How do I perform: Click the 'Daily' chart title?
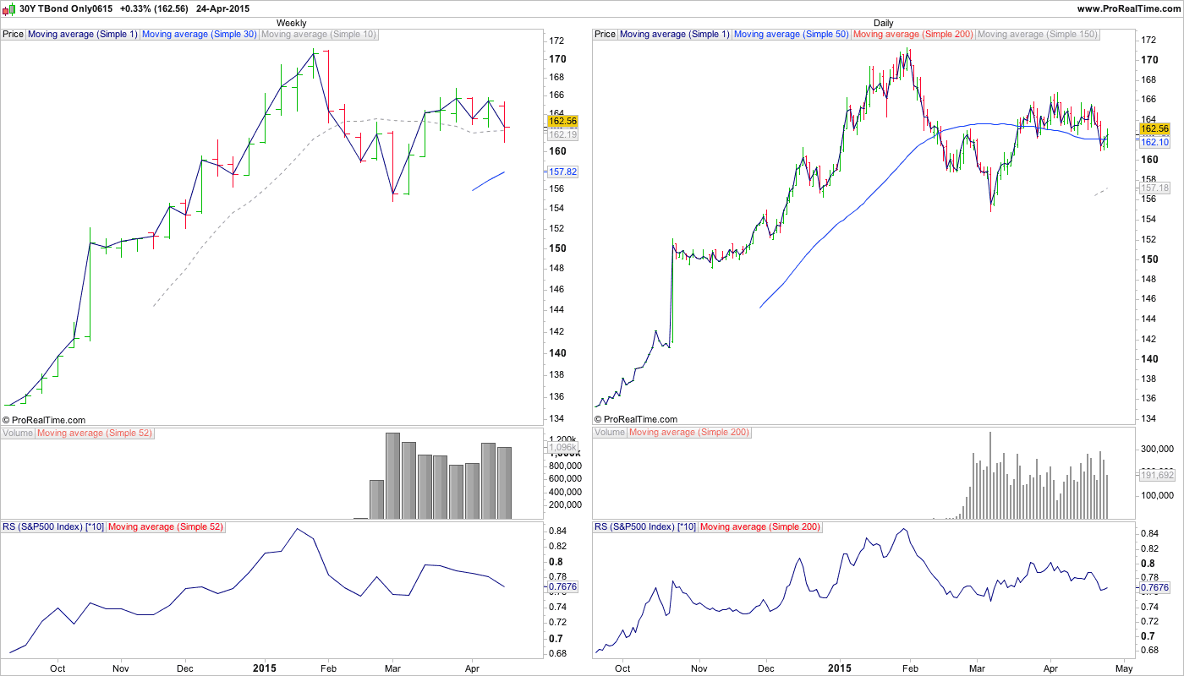point(883,23)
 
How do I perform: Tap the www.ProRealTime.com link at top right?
point(1128,8)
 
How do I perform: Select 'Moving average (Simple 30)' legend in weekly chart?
point(199,35)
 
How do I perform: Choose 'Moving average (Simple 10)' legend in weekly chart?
point(319,35)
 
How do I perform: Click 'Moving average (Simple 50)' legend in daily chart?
point(791,35)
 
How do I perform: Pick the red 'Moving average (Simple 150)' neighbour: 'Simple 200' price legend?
point(913,35)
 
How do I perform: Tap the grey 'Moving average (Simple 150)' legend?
point(1037,35)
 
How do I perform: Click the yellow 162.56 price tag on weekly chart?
point(562,121)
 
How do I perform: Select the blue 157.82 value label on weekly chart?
point(562,172)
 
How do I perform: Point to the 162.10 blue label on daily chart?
point(1154,143)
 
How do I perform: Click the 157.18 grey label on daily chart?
point(1154,188)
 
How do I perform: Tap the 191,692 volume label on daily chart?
point(1154,476)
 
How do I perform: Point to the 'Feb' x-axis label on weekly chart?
point(328,667)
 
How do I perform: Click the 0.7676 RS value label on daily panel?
point(1154,587)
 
